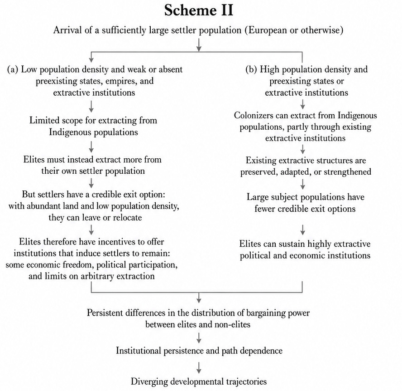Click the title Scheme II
(199, 10)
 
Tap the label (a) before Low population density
(13, 69)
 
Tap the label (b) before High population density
(252, 69)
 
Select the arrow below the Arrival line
(199, 44)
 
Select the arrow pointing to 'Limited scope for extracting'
(91, 106)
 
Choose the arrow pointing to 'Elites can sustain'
(303, 230)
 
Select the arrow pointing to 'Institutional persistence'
(199, 338)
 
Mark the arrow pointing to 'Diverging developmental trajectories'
(199, 367)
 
